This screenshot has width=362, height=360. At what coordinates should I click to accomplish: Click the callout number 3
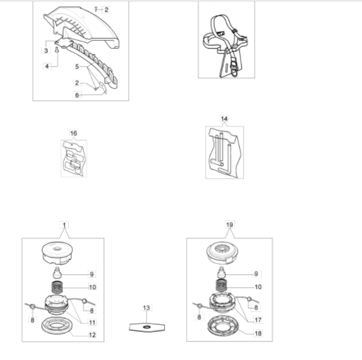click(46, 51)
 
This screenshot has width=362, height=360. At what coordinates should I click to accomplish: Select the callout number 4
click(47, 66)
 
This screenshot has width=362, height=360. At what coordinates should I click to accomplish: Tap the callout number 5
click(77, 67)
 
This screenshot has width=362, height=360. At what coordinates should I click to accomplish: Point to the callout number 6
click(77, 95)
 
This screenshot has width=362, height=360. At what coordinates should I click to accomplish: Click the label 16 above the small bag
click(73, 133)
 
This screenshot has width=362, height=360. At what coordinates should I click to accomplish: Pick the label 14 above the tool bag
click(224, 119)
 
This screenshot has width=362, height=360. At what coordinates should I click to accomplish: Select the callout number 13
click(146, 308)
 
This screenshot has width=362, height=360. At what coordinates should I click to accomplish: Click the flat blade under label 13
click(147, 327)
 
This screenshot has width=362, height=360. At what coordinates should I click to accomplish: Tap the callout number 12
click(92, 335)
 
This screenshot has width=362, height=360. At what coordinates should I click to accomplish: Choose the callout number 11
click(92, 323)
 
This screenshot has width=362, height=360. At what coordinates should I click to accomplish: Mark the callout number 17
click(258, 320)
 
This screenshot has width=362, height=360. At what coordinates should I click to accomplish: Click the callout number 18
click(258, 333)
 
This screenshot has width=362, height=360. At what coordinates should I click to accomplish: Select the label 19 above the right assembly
click(230, 224)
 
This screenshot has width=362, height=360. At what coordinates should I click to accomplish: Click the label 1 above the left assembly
click(64, 224)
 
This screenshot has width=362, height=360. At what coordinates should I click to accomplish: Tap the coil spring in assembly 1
click(57, 287)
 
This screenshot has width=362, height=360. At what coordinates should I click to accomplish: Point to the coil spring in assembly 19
click(221, 285)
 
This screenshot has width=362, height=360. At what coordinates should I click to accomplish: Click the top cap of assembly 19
click(222, 254)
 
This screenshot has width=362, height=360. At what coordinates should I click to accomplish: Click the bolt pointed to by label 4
click(57, 49)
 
